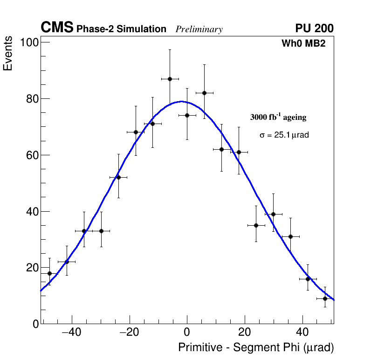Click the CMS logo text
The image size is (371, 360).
(x=57, y=28)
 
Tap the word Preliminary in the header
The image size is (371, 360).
(x=199, y=29)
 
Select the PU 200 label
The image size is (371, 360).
(x=315, y=28)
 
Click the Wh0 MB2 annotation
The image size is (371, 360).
(x=303, y=43)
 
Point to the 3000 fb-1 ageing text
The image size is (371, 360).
(x=278, y=117)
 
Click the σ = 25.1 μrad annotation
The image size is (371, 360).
(x=284, y=135)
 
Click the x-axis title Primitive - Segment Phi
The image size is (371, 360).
(x=256, y=347)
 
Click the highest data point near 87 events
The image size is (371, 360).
(x=170, y=79)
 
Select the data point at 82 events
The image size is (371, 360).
(x=204, y=93)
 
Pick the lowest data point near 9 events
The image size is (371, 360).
(x=325, y=298)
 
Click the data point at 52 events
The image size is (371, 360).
(x=118, y=177)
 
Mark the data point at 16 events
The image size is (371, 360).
(x=308, y=279)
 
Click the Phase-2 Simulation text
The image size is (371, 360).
(x=121, y=29)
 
